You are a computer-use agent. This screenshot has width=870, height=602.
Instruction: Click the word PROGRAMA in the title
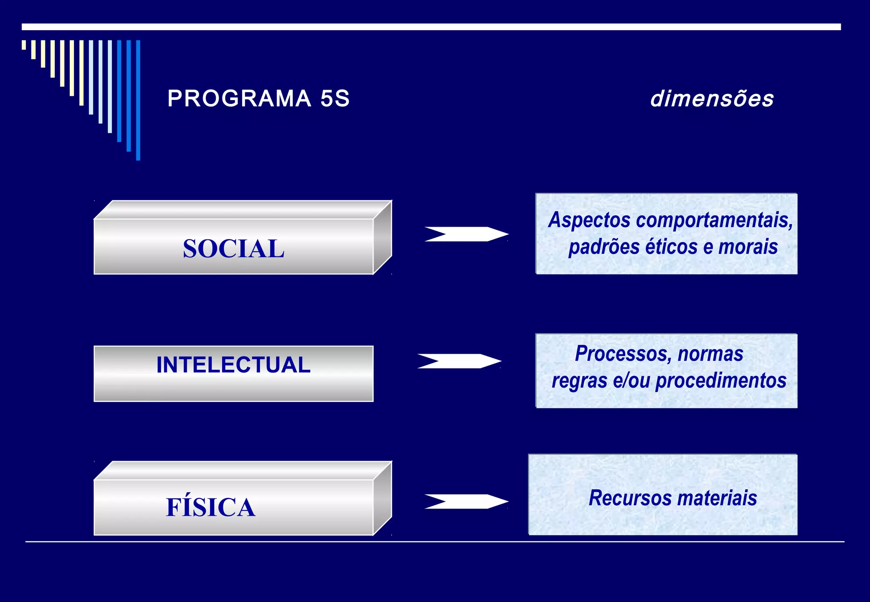click(x=239, y=98)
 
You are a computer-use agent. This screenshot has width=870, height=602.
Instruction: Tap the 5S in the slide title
click(x=335, y=98)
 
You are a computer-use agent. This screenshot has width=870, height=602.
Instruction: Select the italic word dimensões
click(x=712, y=99)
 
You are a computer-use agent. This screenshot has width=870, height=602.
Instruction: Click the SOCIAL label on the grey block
click(x=234, y=248)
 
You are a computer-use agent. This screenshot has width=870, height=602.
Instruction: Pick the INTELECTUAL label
click(x=234, y=365)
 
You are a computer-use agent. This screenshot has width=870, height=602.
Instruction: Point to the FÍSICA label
click(x=211, y=507)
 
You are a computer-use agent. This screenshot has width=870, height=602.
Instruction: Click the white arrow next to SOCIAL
click(x=466, y=234)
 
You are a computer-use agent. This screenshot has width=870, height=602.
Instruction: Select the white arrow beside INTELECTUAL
click(x=459, y=361)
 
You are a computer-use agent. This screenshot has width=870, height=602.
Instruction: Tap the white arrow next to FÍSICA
click(x=466, y=501)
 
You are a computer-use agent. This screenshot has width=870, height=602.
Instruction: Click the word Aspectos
click(x=590, y=220)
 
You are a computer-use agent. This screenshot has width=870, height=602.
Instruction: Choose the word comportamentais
click(x=715, y=220)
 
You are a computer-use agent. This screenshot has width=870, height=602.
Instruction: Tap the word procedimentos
click(x=721, y=380)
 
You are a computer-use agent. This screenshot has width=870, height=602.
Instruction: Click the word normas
click(x=711, y=354)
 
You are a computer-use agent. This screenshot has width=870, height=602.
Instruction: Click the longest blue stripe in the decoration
click(x=138, y=100)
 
